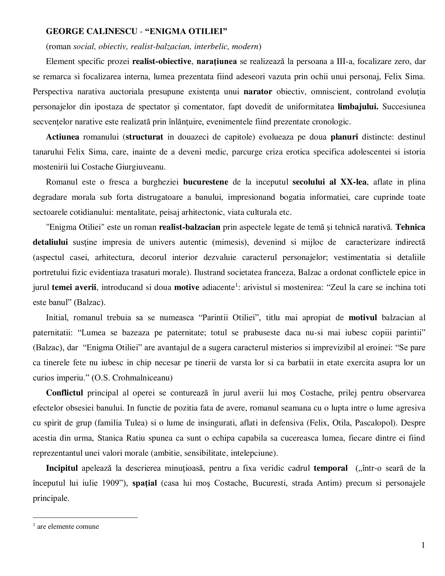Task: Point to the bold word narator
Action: click(258, 92)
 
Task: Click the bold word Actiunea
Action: click(63, 137)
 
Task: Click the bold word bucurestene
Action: click(206, 182)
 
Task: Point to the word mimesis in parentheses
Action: click(230, 242)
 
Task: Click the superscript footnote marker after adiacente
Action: click(236, 285)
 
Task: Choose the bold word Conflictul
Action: click(64, 392)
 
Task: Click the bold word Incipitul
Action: click(62, 468)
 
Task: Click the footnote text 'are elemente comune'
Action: click(68, 527)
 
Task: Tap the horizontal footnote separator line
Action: click(85, 517)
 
